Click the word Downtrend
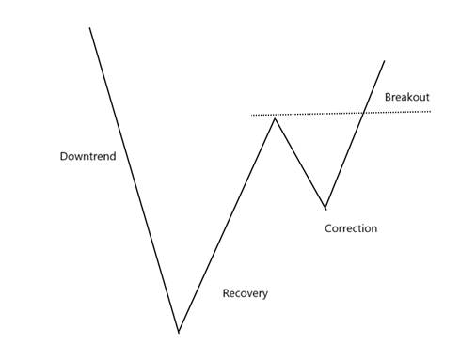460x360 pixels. click(87, 156)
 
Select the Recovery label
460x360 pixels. click(246, 293)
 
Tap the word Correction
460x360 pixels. click(351, 228)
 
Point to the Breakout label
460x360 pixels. click(407, 97)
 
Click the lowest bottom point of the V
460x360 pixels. click(179, 332)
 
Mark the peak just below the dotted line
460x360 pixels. click(275, 118)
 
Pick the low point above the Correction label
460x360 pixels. click(325, 209)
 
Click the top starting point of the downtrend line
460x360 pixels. click(89, 28)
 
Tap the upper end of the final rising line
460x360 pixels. click(385, 61)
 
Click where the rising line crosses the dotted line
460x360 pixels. click(363, 113)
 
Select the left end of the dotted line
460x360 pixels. click(251, 116)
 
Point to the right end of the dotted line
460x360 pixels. click(431, 112)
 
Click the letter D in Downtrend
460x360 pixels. click(63, 156)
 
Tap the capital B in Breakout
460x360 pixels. click(388, 97)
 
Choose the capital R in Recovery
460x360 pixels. click(226, 293)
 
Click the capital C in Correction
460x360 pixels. click(328, 228)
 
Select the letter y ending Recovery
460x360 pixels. click(265, 295)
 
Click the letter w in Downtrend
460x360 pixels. click(77, 157)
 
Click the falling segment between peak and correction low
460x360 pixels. click(300, 164)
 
